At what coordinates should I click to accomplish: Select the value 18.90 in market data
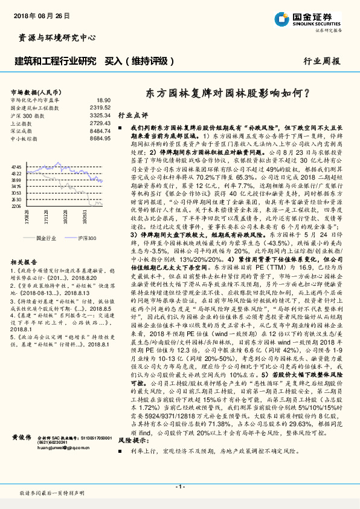[103, 100]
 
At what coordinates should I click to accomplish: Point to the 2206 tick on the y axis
[16, 206]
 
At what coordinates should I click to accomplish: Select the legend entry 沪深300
[87, 238]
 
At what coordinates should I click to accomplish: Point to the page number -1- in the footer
[179, 487]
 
